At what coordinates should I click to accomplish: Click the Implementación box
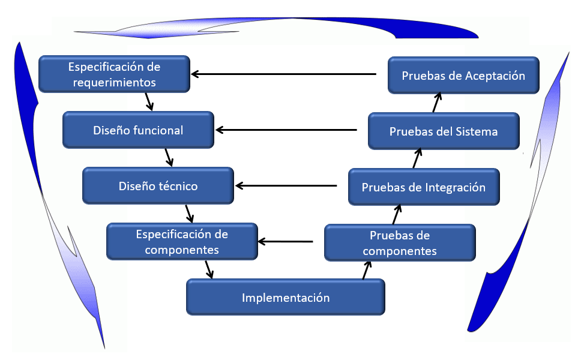tap(285, 297)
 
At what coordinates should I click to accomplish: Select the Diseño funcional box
tap(138, 130)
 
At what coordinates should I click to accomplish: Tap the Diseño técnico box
tap(158, 185)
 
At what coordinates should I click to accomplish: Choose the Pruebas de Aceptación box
tap(463, 75)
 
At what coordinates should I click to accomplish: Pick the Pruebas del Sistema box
tap(444, 131)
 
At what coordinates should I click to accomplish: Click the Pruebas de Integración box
tap(424, 187)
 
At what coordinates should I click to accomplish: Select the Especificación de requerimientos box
tap(115, 74)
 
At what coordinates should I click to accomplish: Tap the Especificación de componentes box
tap(182, 241)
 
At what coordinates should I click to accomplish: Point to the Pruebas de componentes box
tap(400, 243)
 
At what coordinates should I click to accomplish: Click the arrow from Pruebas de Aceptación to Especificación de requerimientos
tap(283, 74)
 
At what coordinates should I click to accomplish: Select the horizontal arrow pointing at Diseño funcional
tap(286, 130)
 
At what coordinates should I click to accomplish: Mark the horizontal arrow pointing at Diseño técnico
tap(286, 185)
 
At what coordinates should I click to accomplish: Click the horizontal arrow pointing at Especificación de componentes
tap(285, 241)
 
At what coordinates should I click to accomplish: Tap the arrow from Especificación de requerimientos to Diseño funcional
tap(149, 102)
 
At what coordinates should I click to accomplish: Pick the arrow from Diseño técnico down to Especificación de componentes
tap(189, 214)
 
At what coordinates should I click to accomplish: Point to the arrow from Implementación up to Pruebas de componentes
tap(367, 270)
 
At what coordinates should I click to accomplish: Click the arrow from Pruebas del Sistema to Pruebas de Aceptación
tap(437, 103)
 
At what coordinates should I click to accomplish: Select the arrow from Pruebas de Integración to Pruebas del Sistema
tap(417, 158)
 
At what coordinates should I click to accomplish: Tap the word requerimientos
tap(115, 82)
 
